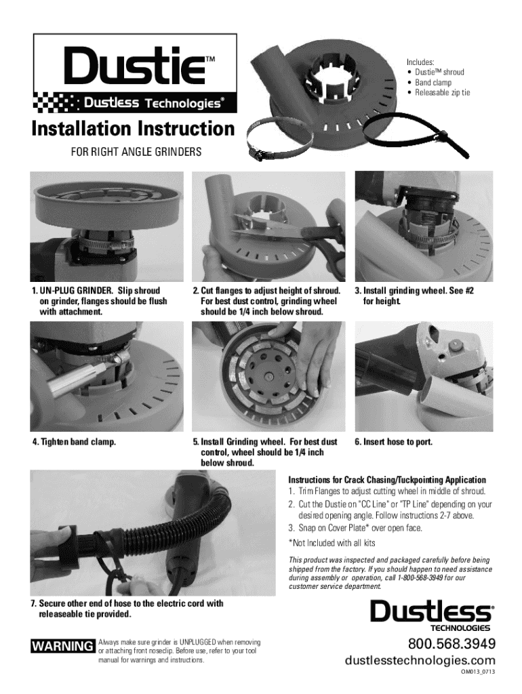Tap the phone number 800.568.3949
click(451, 643)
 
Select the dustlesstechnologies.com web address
click(420, 661)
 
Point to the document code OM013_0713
click(477, 672)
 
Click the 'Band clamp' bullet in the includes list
click(433, 82)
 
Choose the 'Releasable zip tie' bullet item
click(442, 92)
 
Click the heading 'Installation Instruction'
click(133, 129)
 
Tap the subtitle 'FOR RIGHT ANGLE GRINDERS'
click(136, 152)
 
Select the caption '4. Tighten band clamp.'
click(74, 442)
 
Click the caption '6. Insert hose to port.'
click(394, 442)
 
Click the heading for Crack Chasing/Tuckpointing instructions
click(387, 480)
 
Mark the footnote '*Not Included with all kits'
click(332, 543)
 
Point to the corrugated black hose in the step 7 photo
click(150, 527)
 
